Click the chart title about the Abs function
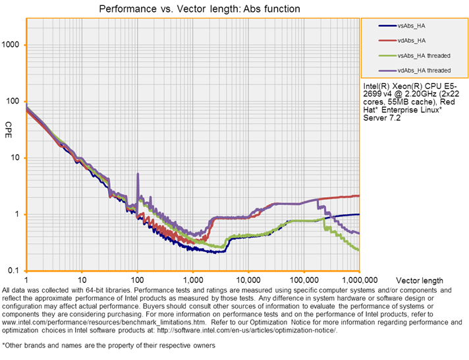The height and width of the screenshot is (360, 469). click(x=199, y=9)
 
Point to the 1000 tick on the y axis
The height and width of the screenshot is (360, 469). click(x=13, y=45)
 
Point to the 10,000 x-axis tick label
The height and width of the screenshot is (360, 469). click(x=248, y=279)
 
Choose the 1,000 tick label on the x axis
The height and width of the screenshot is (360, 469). click(x=193, y=279)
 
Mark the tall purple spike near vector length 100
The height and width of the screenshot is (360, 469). click(x=138, y=175)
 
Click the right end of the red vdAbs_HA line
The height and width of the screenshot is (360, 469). click(x=358, y=196)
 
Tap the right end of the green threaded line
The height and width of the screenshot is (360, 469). click(x=358, y=250)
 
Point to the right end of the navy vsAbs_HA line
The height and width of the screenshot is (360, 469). click(x=358, y=214)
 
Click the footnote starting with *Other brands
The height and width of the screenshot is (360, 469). click(x=108, y=345)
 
